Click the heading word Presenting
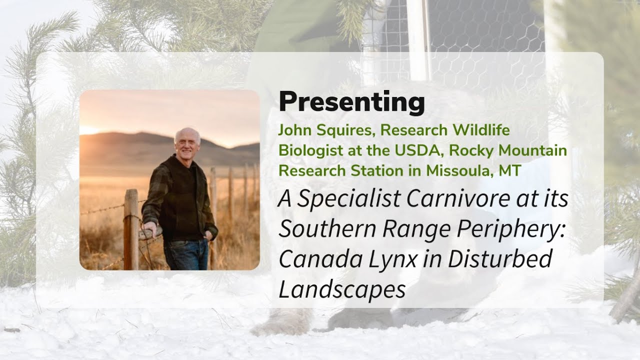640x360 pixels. click(351, 102)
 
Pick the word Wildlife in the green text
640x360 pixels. click(481, 130)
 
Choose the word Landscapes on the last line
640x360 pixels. click(342, 289)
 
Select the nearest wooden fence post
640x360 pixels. click(131, 230)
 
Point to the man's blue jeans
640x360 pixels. click(186, 255)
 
